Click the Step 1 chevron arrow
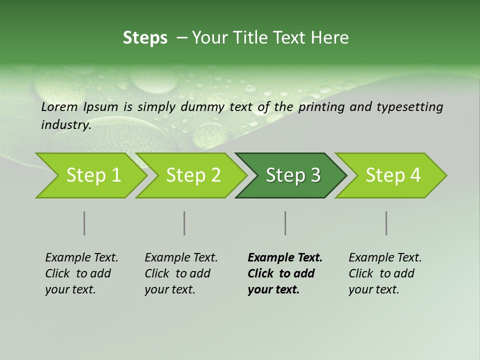point(93,175)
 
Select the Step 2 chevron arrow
point(193,175)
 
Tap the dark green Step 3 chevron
point(292,175)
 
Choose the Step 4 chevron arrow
point(392,175)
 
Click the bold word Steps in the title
point(145,37)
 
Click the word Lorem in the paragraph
point(59,106)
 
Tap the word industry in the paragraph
point(65,125)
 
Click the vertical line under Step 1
point(84,223)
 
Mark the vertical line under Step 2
point(184,223)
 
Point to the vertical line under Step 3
point(285,223)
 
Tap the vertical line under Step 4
point(386,223)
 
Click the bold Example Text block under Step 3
point(284,273)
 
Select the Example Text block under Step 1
point(81,273)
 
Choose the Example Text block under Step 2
point(181,273)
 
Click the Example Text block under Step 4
point(385,273)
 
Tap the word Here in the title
point(329,37)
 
